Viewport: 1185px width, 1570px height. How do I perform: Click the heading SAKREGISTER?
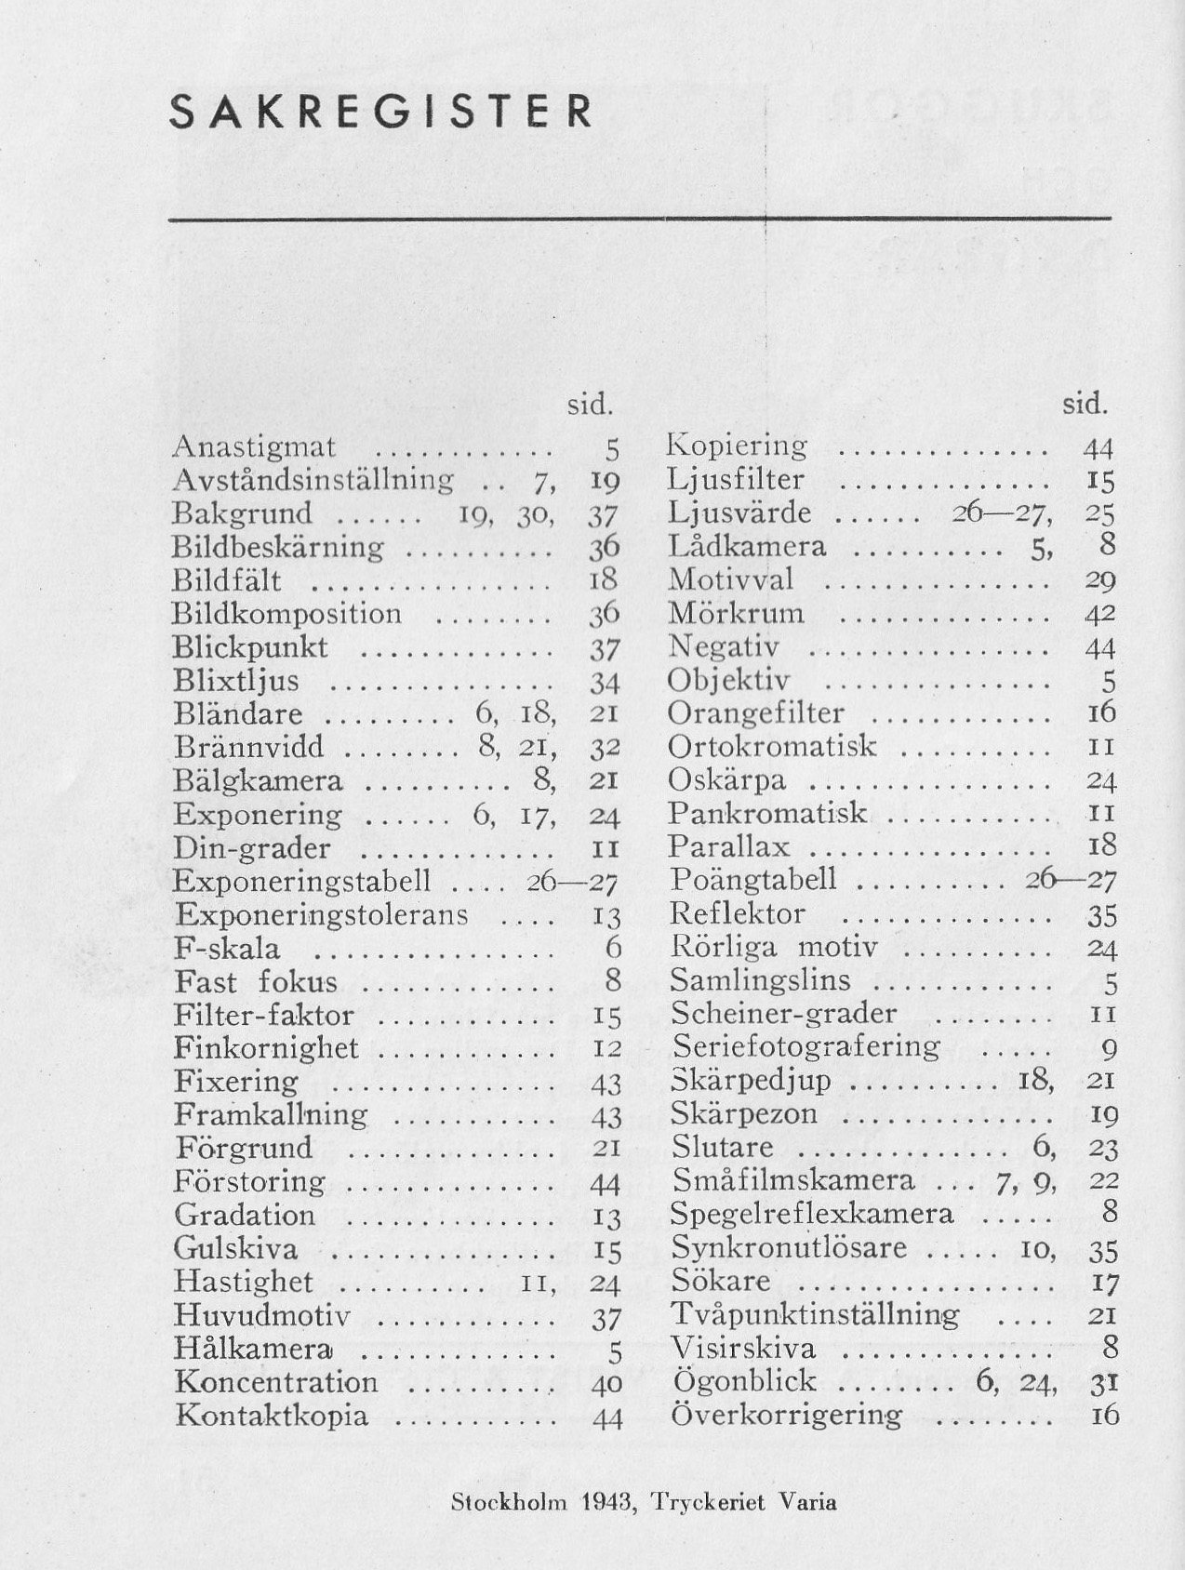381,113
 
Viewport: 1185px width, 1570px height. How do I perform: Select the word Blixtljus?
236,681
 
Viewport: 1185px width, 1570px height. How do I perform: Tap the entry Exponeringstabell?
302,881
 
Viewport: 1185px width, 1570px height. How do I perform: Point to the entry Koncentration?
276,1382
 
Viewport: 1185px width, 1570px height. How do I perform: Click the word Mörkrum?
736,614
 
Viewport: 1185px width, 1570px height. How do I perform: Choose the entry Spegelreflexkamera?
812,1214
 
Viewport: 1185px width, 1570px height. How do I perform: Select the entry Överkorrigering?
786,1415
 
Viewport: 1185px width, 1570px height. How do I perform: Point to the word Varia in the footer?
807,1502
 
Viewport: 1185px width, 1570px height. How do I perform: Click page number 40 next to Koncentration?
606,1384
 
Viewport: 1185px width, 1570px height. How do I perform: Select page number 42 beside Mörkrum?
1100,615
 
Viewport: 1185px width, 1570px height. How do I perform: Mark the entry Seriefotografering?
806,1046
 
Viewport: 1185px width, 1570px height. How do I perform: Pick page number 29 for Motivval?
1100,581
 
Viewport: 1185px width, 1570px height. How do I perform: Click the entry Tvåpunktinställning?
815,1314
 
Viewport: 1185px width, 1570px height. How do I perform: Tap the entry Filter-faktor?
264,1015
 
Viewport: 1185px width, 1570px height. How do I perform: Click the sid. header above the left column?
591,405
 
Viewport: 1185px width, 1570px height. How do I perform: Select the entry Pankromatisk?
767,813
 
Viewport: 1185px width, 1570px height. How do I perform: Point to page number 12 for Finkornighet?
606,1049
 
